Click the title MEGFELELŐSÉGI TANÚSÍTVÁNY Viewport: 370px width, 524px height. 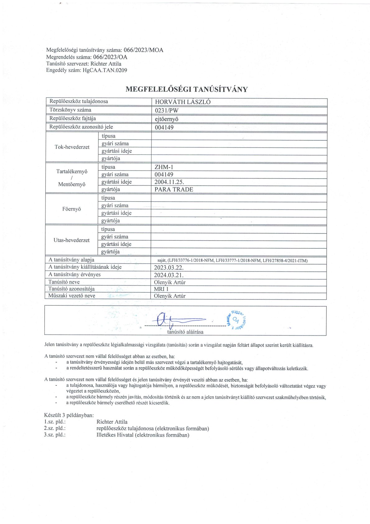tap(187, 89)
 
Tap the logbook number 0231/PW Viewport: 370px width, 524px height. tap(167, 110)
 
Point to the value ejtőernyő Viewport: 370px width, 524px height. tap(167, 119)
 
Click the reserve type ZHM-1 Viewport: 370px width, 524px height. tap(164, 167)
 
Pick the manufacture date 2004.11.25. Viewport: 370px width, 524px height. tap(169, 182)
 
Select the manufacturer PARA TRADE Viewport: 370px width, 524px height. tap(174, 190)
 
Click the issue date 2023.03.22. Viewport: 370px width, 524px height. tap(169, 267)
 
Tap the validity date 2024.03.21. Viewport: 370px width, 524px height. tap(169, 275)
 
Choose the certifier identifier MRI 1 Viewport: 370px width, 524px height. tap(161, 289)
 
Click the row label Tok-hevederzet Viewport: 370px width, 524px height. tap(72, 147)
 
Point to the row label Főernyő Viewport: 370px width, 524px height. tap(72, 209)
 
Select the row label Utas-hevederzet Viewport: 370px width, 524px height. tap(72, 240)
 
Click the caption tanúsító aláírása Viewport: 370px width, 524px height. tap(185, 332)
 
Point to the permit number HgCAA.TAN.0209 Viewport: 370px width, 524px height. tap(105, 70)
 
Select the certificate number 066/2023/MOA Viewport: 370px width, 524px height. tap(143, 50)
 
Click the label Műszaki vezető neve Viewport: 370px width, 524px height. tap(72, 296)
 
